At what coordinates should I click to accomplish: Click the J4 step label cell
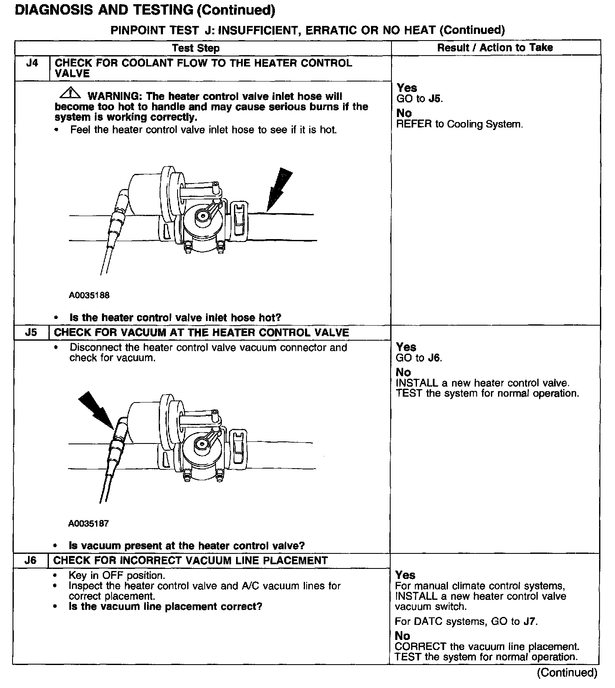click(32, 64)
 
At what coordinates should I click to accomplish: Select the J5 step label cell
click(31, 333)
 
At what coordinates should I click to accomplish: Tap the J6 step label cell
click(30, 561)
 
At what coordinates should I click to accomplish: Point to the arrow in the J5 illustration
click(97, 411)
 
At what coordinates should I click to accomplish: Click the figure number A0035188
click(89, 296)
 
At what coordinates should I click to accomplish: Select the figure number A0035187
click(89, 523)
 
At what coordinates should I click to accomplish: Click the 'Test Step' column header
click(196, 48)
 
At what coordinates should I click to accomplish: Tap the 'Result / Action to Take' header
click(495, 48)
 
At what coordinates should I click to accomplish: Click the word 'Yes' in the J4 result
click(407, 88)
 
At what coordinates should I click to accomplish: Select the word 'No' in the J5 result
click(403, 372)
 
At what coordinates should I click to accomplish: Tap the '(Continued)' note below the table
click(567, 673)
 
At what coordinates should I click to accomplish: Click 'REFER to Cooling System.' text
click(459, 124)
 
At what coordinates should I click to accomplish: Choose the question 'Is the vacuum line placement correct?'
click(165, 606)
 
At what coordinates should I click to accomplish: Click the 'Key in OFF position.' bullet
click(117, 576)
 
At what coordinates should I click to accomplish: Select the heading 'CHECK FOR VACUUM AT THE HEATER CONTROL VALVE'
click(201, 333)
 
